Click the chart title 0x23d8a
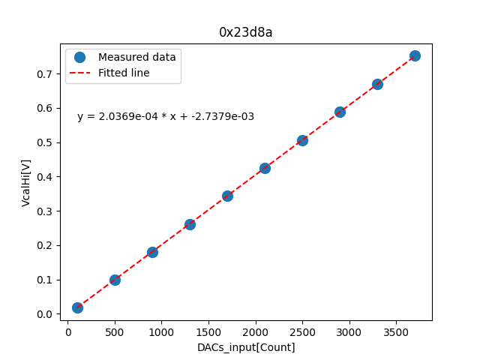245,32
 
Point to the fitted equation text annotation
166,116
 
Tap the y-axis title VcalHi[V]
26,182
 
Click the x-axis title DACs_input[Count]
246,347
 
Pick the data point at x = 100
77,307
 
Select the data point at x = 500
115,280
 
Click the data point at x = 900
152,252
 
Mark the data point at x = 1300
190,224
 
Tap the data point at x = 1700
227,196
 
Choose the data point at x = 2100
265,168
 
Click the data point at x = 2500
302,140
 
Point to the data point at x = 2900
340,112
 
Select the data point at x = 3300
377,84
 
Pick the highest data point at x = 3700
415,55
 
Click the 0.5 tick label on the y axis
46,142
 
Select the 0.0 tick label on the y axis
46,314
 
